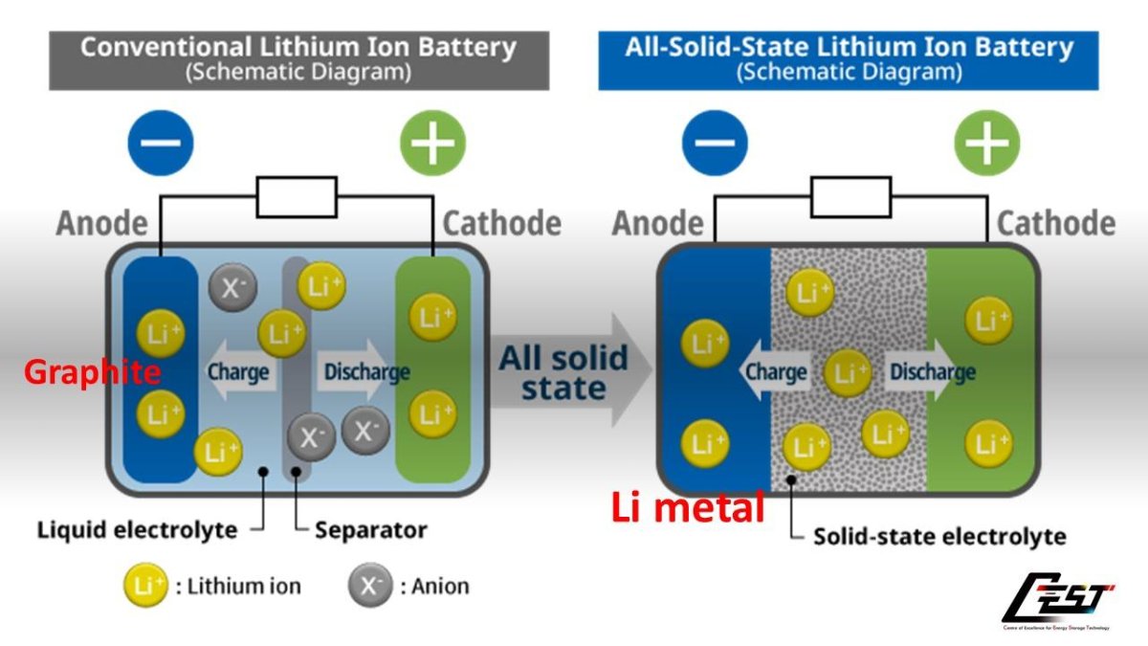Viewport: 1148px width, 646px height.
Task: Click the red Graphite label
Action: pos(93,372)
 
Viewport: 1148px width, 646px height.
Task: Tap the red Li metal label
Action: pos(688,507)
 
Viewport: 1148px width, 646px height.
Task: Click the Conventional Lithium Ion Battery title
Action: pos(298,57)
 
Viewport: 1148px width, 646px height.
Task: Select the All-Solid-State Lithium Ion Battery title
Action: pos(849,57)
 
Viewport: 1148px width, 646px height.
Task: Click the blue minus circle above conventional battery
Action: pos(161,144)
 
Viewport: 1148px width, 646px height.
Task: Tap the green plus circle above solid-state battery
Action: pos(986,144)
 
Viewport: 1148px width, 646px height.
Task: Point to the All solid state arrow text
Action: pos(563,374)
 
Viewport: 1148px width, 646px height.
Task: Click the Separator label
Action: pos(371,529)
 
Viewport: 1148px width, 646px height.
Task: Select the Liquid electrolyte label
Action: pos(137,529)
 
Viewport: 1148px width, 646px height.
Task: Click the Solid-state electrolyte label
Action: pos(939,536)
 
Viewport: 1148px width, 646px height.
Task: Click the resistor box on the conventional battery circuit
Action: pos(297,197)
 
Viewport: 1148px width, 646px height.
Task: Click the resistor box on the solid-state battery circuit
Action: pos(851,197)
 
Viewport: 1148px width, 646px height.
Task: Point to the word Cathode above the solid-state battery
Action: pos(1056,224)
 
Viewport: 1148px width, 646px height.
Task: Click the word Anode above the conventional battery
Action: pos(102,224)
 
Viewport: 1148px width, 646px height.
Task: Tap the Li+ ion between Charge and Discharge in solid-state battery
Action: pos(847,373)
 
